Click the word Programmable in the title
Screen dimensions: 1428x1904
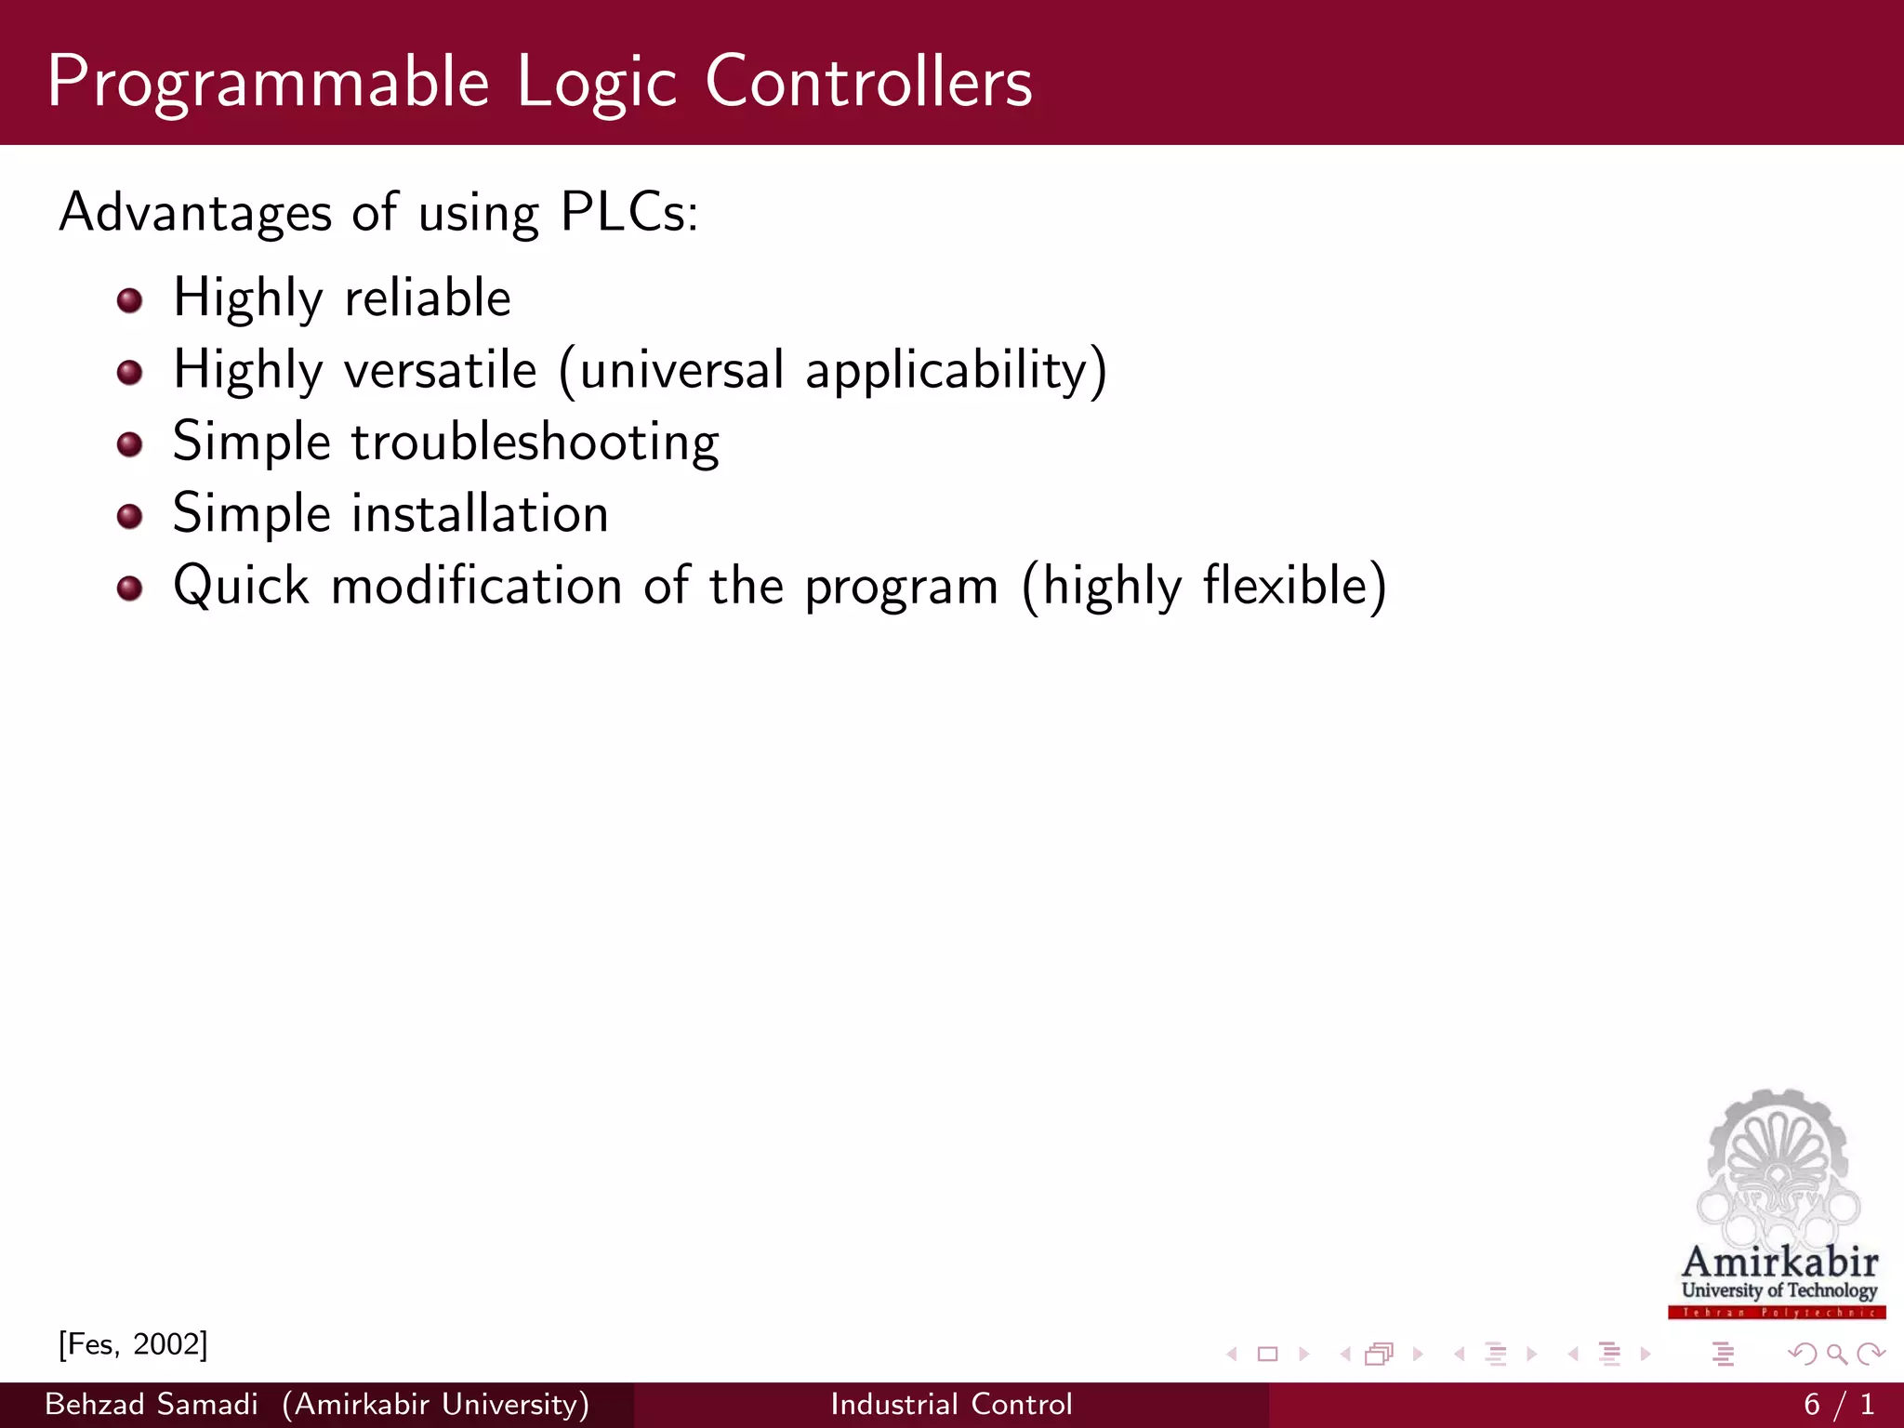pos(268,84)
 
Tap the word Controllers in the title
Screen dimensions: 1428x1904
pos(868,82)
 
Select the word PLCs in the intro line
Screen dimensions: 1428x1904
pos(628,212)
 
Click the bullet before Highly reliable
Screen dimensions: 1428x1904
pos(129,300)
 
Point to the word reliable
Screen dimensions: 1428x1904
pos(427,297)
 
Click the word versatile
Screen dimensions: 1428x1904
pos(441,370)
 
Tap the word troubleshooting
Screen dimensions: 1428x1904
pos(535,442)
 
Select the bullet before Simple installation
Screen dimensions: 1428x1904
pos(129,516)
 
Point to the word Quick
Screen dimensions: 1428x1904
pos(241,586)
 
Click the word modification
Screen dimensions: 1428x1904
pos(477,586)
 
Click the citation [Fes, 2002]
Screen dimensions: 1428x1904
pos(133,1344)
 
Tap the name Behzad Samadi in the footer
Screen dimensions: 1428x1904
pos(151,1404)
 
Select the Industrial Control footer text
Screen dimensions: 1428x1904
pos(951,1404)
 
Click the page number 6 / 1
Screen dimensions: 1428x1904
pos(1839,1404)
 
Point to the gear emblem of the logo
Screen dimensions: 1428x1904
pos(1778,1162)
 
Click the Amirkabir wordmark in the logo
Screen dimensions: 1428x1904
pos(1779,1263)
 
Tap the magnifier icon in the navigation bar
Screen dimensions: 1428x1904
pos(1836,1355)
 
